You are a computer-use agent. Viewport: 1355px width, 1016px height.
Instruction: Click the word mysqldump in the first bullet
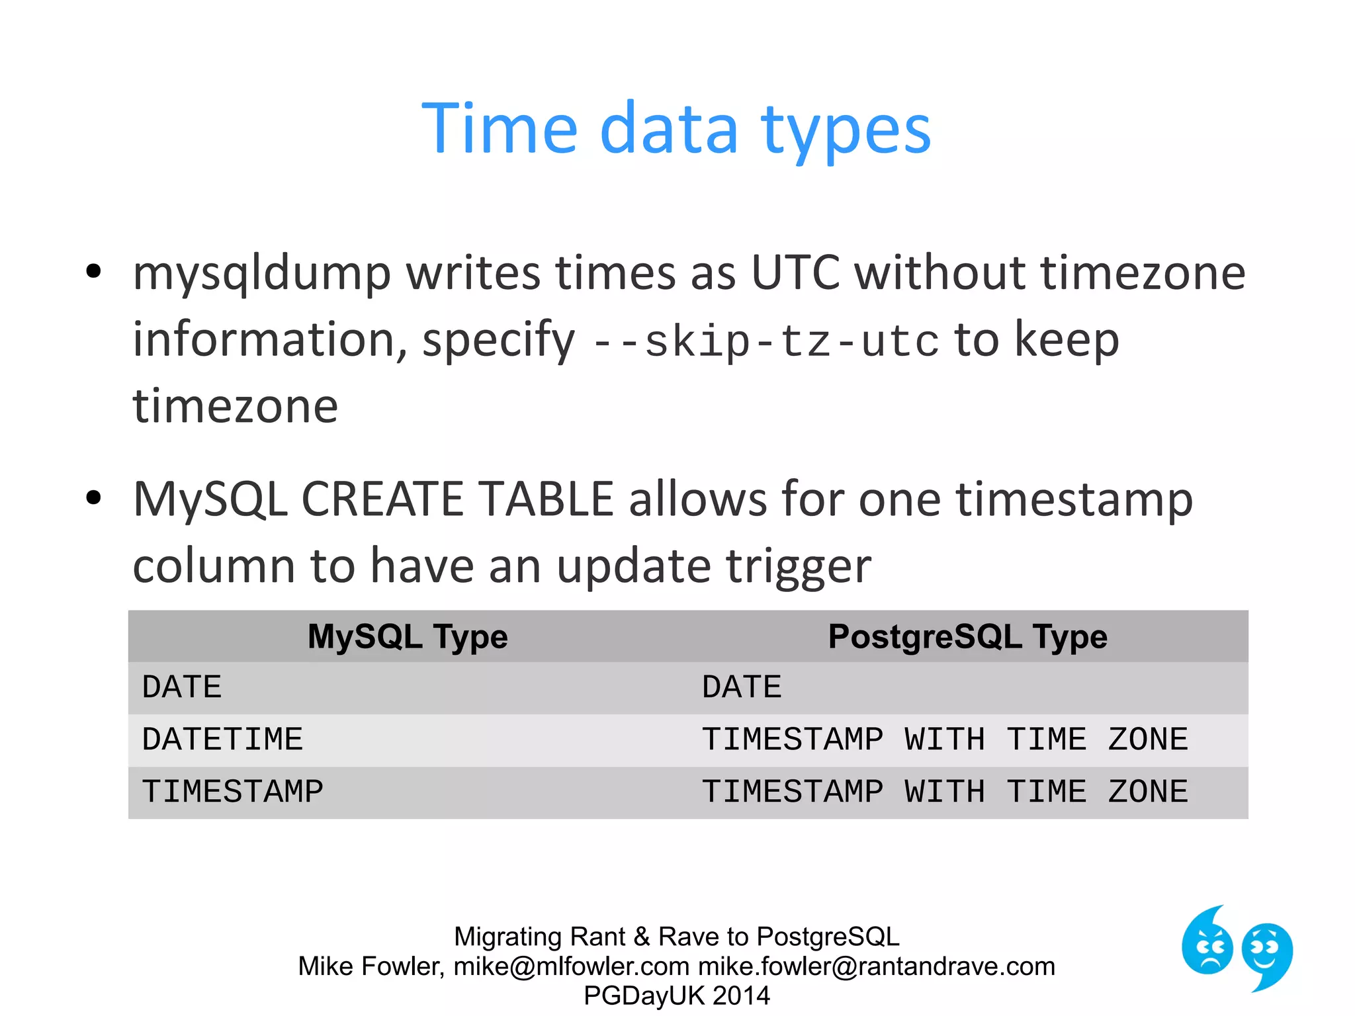[261, 273]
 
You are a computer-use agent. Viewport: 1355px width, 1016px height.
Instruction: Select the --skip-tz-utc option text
[765, 341]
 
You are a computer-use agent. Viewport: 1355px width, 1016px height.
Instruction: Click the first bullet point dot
[93, 271]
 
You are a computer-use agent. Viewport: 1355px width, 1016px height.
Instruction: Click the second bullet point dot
[93, 498]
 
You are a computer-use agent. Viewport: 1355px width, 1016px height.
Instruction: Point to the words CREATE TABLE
[457, 499]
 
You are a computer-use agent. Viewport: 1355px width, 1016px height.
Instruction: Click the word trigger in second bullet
[798, 568]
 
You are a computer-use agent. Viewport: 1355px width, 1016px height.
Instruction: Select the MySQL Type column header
[408, 636]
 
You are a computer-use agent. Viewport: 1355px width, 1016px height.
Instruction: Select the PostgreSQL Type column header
[967, 636]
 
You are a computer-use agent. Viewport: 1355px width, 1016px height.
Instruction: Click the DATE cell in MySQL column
[182, 687]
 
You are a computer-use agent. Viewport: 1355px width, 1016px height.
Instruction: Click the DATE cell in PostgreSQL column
[742, 687]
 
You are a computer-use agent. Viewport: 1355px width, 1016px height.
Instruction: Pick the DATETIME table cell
[222, 740]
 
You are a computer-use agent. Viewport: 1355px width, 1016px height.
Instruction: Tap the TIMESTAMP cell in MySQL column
[232, 792]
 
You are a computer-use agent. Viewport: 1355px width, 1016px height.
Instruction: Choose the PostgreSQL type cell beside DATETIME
[945, 740]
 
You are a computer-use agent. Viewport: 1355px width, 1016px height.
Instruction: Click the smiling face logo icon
[1266, 954]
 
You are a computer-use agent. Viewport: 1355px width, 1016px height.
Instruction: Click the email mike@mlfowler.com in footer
[572, 966]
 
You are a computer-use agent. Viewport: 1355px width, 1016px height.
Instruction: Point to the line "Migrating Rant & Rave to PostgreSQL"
[676, 937]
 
